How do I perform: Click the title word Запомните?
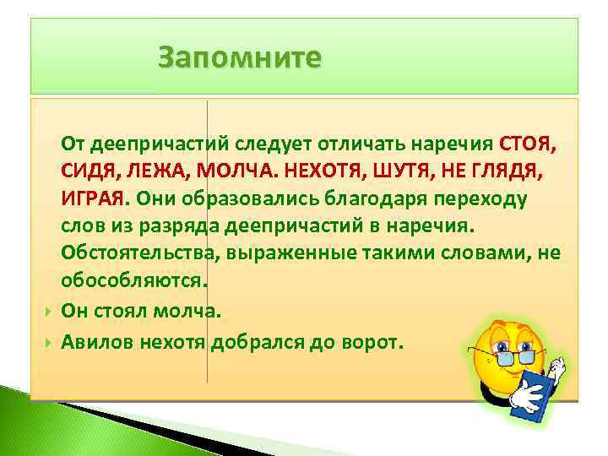(x=240, y=58)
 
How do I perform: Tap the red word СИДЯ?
(x=89, y=171)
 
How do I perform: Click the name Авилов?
(x=91, y=342)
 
